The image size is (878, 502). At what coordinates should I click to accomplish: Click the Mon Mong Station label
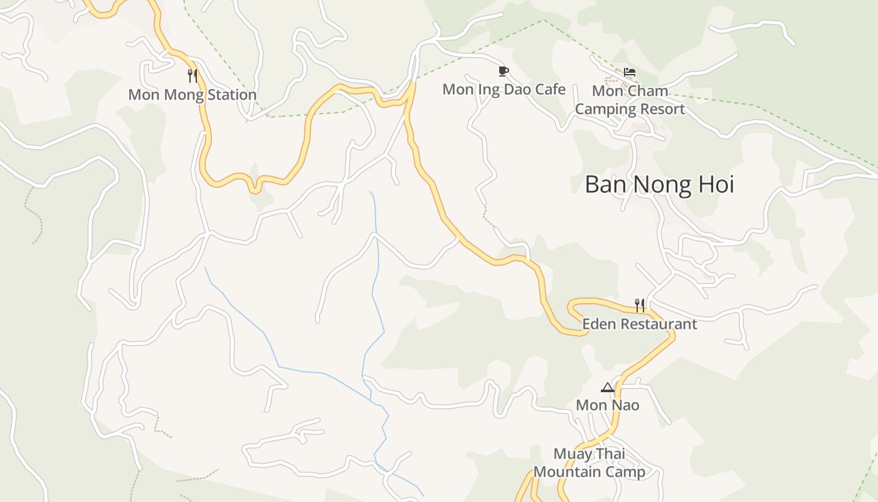[193, 95]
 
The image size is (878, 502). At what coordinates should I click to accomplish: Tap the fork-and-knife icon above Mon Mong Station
[193, 76]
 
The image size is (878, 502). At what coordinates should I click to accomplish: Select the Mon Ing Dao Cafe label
[504, 89]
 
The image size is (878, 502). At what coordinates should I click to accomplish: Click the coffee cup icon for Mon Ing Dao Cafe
[503, 71]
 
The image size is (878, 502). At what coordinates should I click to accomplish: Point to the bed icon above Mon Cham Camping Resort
[630, 73]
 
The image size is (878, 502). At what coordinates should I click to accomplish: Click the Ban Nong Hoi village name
[659, 184]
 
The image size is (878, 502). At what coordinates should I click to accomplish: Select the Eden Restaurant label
[639, 324]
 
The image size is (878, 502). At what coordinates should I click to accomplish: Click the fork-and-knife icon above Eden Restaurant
[639, 306]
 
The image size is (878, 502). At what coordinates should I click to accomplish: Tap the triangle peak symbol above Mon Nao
[607, 387]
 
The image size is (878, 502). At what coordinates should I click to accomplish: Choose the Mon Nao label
[607, 405]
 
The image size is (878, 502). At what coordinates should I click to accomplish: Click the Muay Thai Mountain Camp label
[589, 463]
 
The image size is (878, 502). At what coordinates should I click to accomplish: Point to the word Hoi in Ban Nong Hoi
[714, 184]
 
